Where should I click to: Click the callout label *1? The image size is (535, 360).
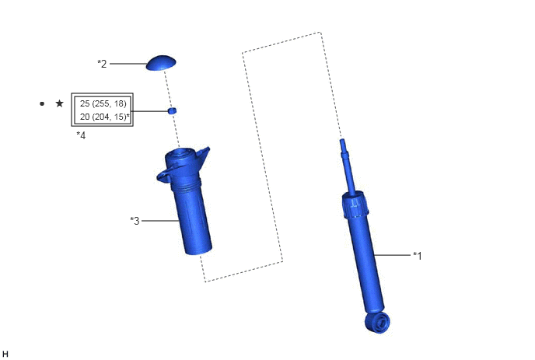[x=418, y=256]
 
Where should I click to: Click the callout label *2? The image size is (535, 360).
[x=102, y=64]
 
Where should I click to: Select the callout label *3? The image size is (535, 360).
[x=135, y=221]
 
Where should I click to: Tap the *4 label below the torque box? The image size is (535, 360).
[x=81, y=135]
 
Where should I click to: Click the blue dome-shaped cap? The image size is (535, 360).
[x=161, y=63]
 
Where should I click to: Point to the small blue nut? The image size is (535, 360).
[x=173, y=110]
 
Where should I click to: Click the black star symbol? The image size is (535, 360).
[x=59, y=103]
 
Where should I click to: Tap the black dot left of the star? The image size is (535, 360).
[x=42, y=103]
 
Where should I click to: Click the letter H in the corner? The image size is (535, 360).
[x=5, y=355]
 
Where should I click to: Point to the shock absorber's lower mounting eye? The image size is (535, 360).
[x=377, y=322]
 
